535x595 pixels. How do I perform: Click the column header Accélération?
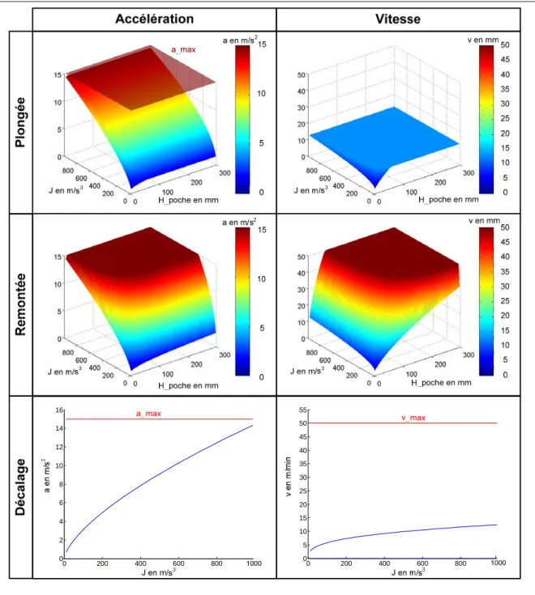pos(154,19)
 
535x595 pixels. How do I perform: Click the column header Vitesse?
pos(398,19)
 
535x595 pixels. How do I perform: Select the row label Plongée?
pos(20,122)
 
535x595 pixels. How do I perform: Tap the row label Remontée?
pos(20,304)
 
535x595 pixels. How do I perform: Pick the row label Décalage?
pos(20,487)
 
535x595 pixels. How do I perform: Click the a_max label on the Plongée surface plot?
pos(183,49)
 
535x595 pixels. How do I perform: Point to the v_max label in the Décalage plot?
pos(413,418)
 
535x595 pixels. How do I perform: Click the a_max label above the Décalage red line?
pos(148,414)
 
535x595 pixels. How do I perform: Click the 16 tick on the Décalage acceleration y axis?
pos(59,410)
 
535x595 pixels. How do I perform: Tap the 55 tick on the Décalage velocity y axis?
pos(303,410)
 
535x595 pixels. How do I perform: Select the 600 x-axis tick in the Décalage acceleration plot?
pos(178,563)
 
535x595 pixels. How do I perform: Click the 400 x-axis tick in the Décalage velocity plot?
pos(384,563)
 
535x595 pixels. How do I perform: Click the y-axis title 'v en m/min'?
pos(288,477)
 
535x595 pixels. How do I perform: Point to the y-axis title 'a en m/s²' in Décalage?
pos(46,476)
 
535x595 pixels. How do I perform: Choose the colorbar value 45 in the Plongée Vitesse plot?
pos(505,60)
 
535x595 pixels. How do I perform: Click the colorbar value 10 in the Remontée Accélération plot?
pos(261,279)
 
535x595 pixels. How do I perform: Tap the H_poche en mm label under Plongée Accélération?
pos(188,200)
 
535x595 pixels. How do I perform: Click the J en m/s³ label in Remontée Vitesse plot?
pos(308,371)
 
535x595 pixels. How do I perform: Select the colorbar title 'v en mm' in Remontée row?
pos(484,221)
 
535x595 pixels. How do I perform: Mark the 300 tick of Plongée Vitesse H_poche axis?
pos(469,173)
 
